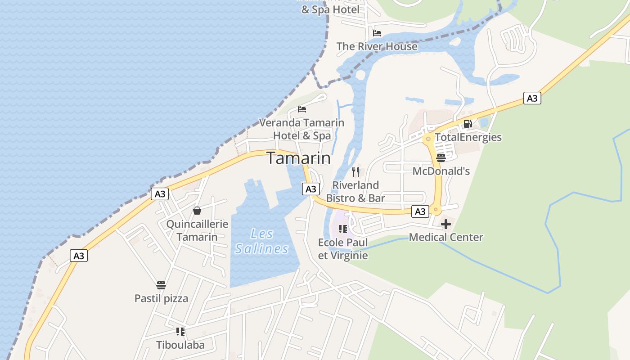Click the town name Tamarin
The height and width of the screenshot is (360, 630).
click(299, 158)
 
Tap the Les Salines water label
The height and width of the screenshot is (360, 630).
click(261, 241)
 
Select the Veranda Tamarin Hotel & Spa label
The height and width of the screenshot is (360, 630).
click(302, 129)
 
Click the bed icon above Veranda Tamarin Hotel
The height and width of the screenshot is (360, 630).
click(302, 109)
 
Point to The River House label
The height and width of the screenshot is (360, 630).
click(377, 46)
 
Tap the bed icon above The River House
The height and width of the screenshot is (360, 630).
click(377, 33)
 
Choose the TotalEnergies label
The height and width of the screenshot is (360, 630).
click(468, 137)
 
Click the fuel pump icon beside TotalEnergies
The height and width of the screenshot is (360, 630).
click(468, 124)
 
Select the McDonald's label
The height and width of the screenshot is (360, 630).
click(441, 171)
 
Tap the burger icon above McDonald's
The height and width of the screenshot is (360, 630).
click(441, 157)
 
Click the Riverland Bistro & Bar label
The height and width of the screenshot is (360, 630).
click(355, 191)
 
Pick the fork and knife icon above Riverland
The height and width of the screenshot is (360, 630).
click(355, 171)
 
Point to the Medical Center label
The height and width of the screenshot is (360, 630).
click(446, 237)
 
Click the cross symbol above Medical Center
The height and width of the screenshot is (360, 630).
click(446, 224)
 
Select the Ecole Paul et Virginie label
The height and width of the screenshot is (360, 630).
click(343, 249)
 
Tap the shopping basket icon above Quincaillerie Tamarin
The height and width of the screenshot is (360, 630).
click(197, 211)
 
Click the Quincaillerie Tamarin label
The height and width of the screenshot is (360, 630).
click(197, 230)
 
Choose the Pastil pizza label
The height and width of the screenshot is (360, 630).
click(161, 298)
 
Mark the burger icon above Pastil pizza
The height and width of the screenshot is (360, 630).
click(161, 285)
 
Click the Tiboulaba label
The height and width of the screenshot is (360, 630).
click(180, 345)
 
